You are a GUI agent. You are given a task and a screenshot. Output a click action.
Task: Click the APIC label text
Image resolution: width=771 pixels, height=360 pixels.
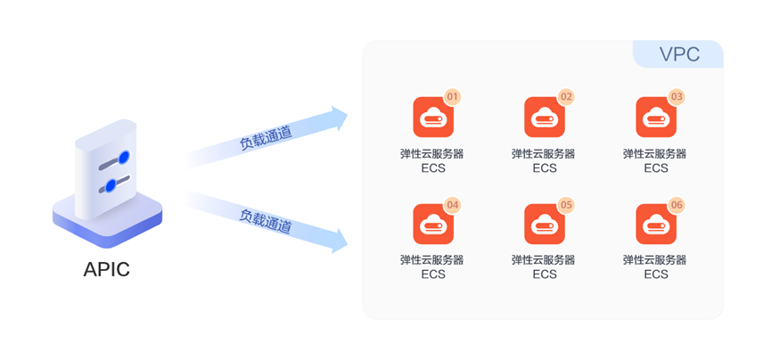107,269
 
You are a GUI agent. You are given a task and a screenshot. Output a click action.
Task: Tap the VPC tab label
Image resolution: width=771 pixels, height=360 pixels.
679,54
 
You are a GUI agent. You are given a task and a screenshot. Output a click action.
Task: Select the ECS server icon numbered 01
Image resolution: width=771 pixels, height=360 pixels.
432,117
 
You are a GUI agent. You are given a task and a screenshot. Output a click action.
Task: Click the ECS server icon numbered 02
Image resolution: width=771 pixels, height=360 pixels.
544,117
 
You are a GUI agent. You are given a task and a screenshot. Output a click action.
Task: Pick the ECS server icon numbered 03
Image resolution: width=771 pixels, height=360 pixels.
655,117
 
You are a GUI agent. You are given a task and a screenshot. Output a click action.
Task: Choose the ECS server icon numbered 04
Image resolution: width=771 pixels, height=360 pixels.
432,225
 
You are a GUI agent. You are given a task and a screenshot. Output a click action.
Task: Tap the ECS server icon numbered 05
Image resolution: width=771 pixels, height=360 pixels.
544,225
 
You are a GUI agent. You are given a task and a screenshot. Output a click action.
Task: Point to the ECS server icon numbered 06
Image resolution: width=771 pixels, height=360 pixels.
655,225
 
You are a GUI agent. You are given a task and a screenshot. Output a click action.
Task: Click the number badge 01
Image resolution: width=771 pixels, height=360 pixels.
453,96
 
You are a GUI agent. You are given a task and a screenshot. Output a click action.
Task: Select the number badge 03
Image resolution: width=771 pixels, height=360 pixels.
677,96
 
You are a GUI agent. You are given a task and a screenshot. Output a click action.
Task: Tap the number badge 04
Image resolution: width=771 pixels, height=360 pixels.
453,205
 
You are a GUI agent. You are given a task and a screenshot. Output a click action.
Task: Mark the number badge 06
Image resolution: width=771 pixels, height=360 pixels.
677,205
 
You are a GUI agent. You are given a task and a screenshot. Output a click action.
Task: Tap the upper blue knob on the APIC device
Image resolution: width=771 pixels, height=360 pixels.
124,158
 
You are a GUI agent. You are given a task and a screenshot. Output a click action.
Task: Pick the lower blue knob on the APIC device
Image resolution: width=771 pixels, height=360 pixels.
111,185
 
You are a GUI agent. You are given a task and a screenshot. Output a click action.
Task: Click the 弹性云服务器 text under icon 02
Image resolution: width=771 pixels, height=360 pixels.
544,153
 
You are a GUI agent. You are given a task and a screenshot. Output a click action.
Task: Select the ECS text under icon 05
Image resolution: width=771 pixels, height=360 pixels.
544,274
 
